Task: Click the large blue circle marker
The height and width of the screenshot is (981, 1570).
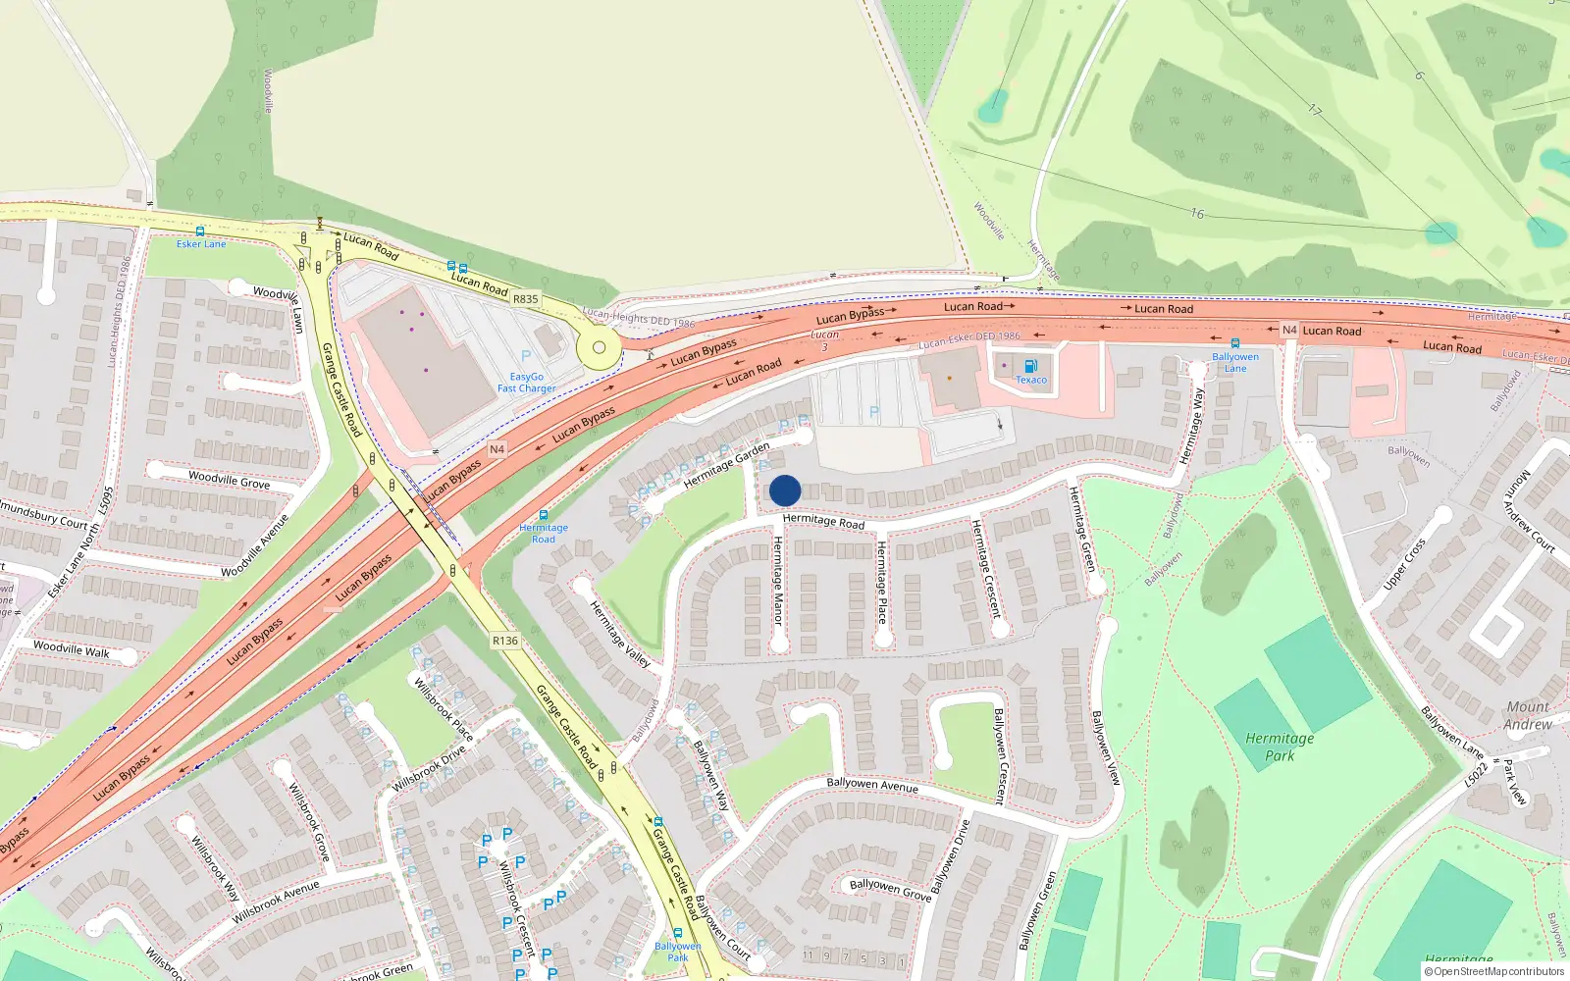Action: pos(785,490)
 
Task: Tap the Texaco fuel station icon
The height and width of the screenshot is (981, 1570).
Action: pos(1030,367)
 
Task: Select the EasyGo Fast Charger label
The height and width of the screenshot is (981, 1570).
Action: pos(526,383)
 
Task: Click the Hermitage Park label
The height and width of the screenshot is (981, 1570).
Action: pos(1280,747)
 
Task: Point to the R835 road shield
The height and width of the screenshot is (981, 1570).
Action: pos(526,299)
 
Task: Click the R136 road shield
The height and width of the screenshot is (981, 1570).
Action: pos(504,641)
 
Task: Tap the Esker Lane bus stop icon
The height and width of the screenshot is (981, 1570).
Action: pos(200,232)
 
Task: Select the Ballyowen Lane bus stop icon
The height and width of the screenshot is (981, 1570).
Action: pos(1234,343)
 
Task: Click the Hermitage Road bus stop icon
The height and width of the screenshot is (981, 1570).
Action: pos(543,515)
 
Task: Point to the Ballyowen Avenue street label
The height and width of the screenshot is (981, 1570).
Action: pos(872,785)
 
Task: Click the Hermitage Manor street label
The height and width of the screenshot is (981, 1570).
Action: pos(778,581)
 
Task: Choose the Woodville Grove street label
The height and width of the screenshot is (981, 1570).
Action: pos(229,480)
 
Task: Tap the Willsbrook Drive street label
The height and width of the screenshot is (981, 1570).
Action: pos(429,769)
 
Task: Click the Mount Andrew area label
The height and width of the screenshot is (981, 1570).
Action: pos(1528,715)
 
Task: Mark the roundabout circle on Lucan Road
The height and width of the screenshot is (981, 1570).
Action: pos(599,347)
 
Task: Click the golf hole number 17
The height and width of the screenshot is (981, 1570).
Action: pos(1314,111)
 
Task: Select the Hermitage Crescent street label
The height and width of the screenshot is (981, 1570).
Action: pos(985,569)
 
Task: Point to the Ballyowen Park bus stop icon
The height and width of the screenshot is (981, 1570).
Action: pos(677,933)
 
